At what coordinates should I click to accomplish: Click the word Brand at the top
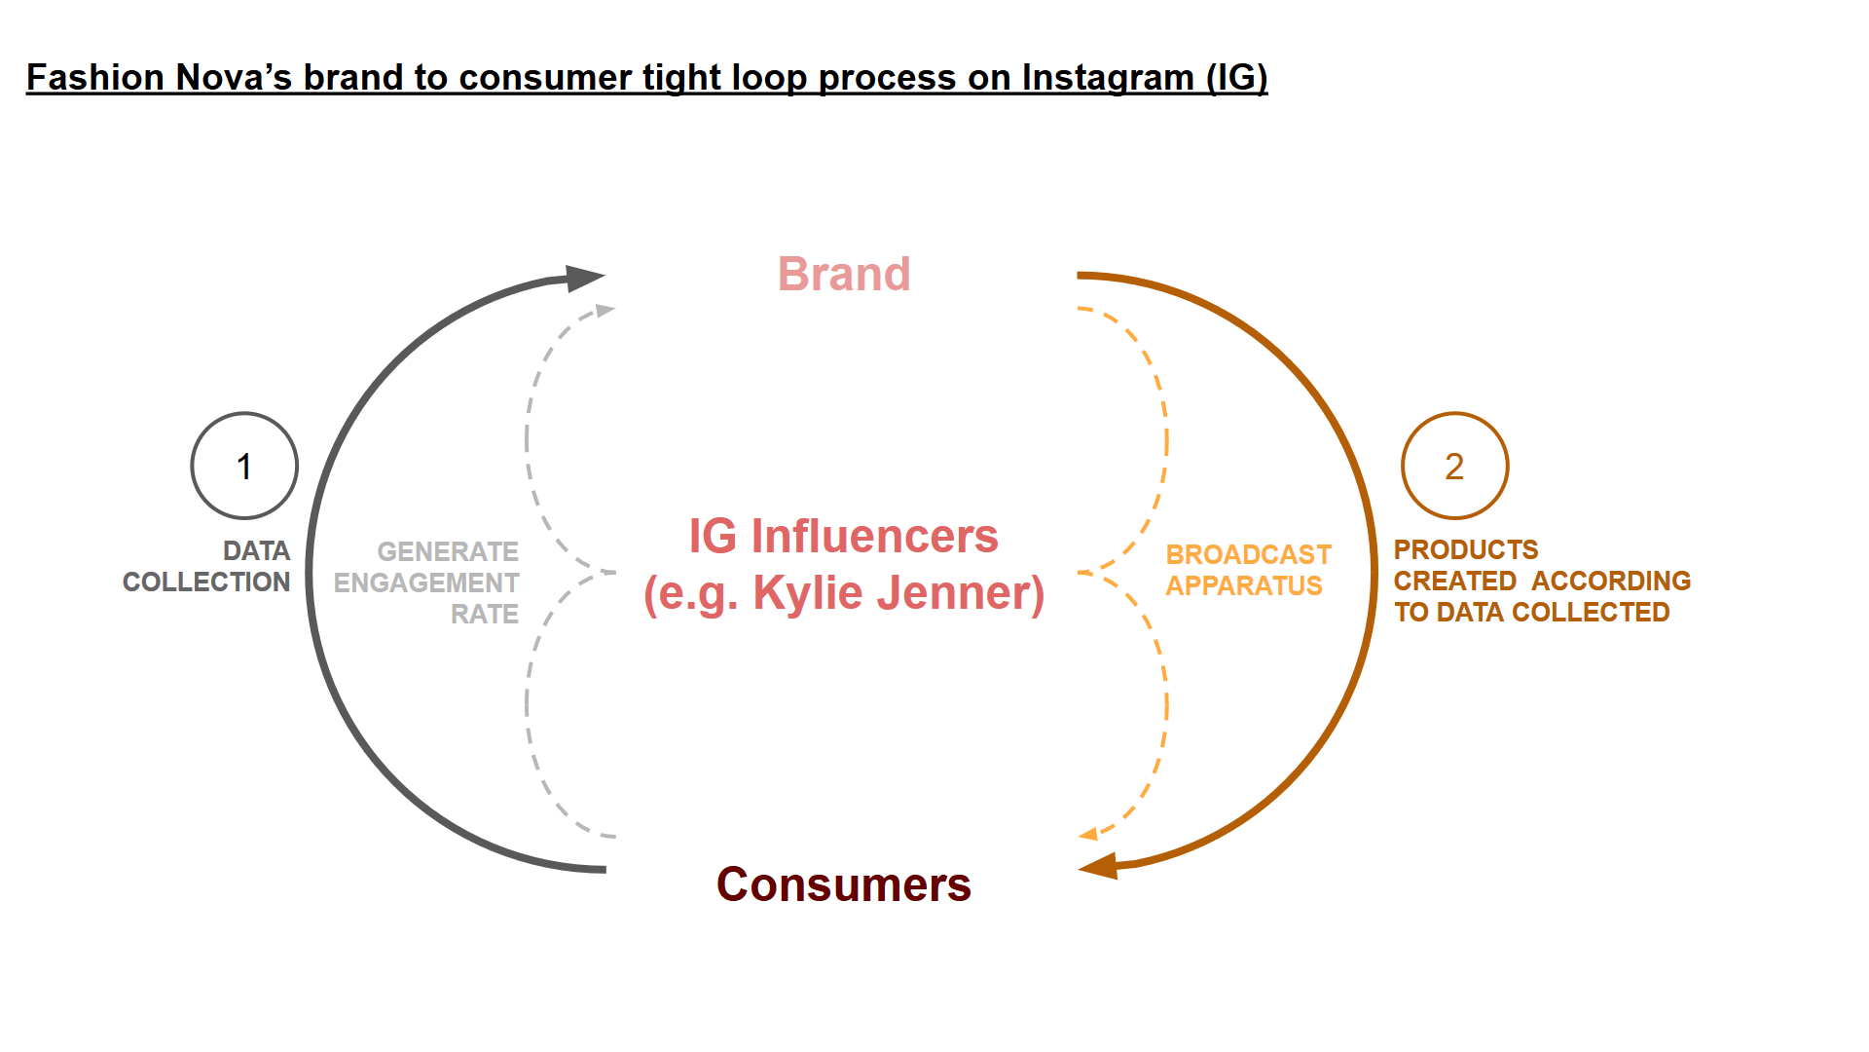pyautogui.click(x=844, y=275)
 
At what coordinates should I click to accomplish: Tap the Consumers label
pyautogui.click(x=844, y=884)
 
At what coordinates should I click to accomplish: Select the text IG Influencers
pyautogui.click(x=844, y=536)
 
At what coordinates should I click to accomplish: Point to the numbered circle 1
pyautogui.click(x=244, y=466)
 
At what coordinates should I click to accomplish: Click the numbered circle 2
pyautogui.click(x=1454, y=466)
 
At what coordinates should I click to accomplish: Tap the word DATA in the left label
pyautogui.click(x=257, y=551)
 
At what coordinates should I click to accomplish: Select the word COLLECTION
pyautogui.click(x=206, y=582)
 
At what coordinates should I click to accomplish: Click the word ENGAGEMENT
pyautogui.click(x=426, y=583)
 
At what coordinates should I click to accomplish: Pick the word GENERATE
pyautogui.click(x=448, y=552)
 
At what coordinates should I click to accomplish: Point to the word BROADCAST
pyautogui.click(x=1249, y=555)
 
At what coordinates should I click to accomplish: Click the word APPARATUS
pyautogui.click(x=1244, y=586)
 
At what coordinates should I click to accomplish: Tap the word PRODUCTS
pyautogui.click(x=1466, y=550)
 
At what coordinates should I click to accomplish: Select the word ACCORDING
pyautogui.click(x=1611, y=582)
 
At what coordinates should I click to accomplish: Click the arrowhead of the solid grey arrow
pyautogui.click(x=585, y=278)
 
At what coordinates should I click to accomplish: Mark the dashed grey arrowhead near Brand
pyautogui.click(x=605, y=311)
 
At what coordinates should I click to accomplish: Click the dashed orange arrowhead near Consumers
pyautogui.click(x=1088, y=834)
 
